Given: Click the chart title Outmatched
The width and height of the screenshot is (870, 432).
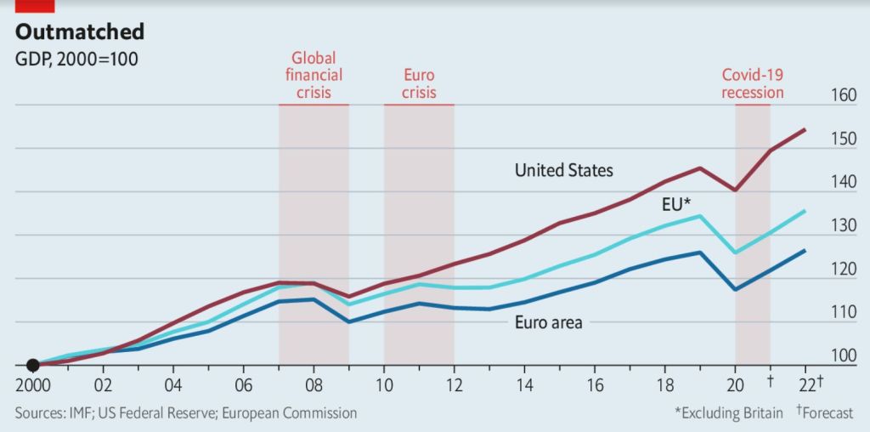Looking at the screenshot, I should click(x=80, y=32).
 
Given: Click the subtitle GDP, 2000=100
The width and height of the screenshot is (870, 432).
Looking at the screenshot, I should click(x=76, y=59).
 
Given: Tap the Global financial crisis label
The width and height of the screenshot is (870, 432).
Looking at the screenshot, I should click(x=314, y=76).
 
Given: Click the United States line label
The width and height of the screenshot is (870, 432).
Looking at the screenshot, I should click(x=563, y=170).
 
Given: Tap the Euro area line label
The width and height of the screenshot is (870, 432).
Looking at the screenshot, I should click(x=548, y=322).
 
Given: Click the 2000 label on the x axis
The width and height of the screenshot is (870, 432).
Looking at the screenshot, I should click(x=33, y=384).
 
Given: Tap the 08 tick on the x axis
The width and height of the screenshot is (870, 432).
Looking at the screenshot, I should click(x=314, y=384).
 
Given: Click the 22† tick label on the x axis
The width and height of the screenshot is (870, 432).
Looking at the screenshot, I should click(x=808, y=384).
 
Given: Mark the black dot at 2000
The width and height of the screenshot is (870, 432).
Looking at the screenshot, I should click(x=33, y=366).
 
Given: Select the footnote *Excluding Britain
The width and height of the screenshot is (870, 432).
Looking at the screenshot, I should click(x=729, y=413).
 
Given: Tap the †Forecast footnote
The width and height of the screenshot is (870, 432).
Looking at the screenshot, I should click(x=824, y=413).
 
